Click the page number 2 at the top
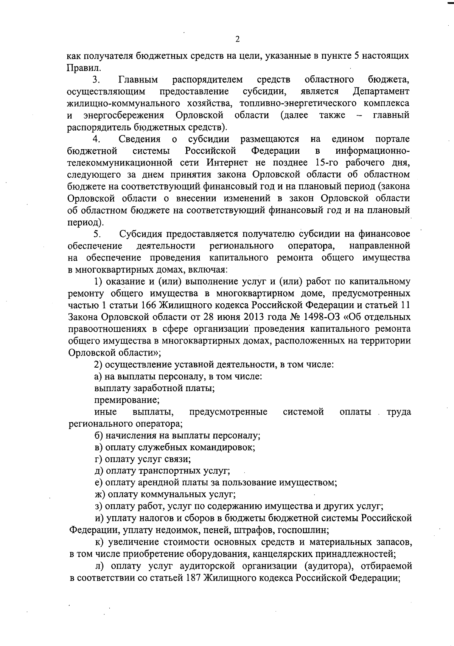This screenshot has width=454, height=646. pyautogui.click(x=237, y=39)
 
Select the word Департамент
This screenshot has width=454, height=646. pyautogui.click(x=381, y=92)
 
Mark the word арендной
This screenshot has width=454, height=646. pyautogui.click(x=173, y=483)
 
